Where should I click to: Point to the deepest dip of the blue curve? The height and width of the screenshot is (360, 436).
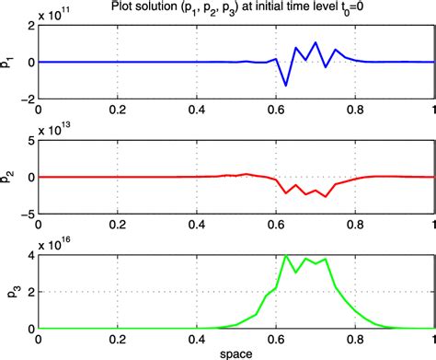(285, 86)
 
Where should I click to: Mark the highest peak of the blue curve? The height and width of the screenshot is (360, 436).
(316, 42)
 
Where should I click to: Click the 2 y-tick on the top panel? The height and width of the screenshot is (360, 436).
(29, 27)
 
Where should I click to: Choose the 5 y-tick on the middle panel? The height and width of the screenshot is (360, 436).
(29, 142)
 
